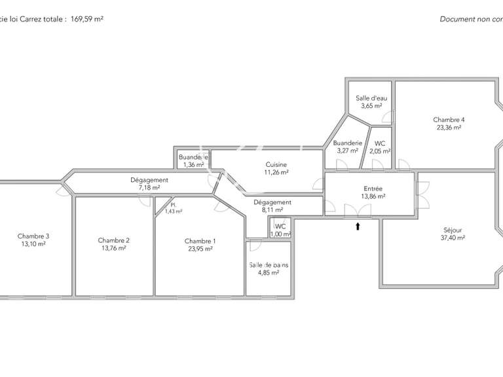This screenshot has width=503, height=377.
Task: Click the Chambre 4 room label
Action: [449, 124]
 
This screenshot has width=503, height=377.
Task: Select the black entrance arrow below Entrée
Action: [358, 227]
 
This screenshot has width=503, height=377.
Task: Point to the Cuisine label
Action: [276, 168]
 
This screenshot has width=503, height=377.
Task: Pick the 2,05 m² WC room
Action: [379, 147]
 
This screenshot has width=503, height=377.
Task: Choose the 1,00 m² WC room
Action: [280, 230]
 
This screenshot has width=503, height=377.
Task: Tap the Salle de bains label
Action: [268, 268]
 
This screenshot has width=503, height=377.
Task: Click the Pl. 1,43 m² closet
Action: [172, 208]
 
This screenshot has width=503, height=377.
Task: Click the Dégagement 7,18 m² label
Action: [149, 184]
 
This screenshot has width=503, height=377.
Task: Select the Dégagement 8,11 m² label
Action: [272, 206]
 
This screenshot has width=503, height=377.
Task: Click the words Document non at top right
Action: [468, 19]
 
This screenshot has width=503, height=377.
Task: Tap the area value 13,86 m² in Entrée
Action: [372, 196]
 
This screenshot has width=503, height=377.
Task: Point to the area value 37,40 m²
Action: [453, 239]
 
